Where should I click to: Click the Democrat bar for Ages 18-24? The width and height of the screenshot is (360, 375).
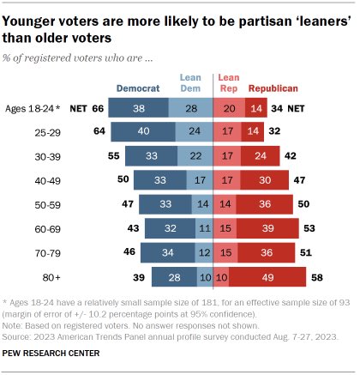pyautogui.click(x=137, y=108)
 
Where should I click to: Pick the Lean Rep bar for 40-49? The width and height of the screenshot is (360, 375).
pyautogui.click(x=226, y=180)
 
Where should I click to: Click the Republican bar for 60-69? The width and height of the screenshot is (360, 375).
pyautogui.click(x=269, y=228)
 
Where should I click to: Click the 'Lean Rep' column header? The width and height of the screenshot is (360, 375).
pyautogui.click(x=230, y=82)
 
